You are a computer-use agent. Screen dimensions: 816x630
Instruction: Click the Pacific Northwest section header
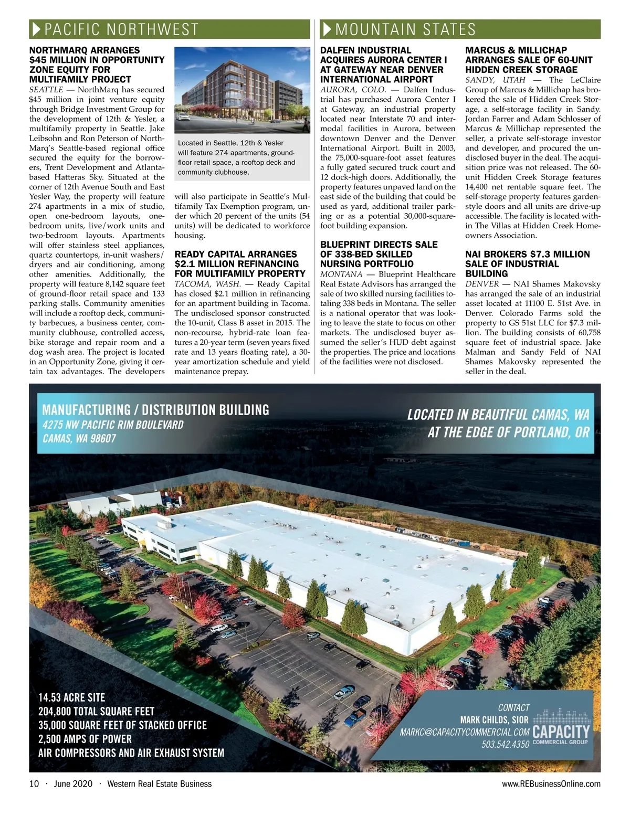coord(121,29)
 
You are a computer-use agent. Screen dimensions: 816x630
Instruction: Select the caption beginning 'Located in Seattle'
coord(237,157)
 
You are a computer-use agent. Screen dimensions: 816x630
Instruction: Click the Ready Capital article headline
coord(240,263)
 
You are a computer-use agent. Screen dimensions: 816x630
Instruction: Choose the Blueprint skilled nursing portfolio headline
coord(379,254)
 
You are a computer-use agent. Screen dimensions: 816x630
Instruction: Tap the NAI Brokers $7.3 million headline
coord(528,263)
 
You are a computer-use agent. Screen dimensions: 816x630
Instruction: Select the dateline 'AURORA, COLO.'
coord(353,90)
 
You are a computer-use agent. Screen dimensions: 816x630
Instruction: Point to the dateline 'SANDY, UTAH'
coord(495,80)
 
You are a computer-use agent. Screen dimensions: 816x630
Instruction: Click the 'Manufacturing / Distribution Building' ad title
coord(156,410)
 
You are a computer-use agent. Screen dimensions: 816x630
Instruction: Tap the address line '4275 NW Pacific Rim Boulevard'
coord(113,425)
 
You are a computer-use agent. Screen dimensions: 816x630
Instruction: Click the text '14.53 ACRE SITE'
coord(72,697)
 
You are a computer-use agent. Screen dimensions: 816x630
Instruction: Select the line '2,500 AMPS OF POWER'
coord(85,739)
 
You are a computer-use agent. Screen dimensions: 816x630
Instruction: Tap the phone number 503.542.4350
coord(505,745)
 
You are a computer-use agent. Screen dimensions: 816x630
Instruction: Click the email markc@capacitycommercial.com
coord(465,732)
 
